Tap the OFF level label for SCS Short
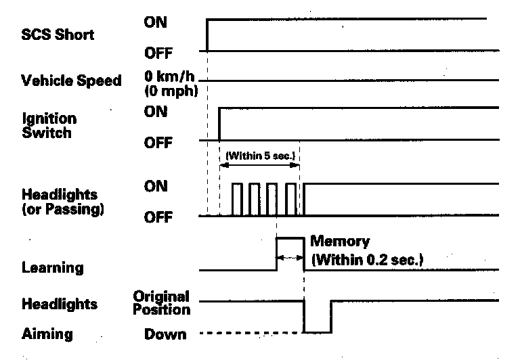tap(157, 52)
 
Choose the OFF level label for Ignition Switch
tap(158, 142)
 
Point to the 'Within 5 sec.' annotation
tap(259, 155)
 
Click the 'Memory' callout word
tap(340, 241)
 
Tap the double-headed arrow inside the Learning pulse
tap(290, 257)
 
